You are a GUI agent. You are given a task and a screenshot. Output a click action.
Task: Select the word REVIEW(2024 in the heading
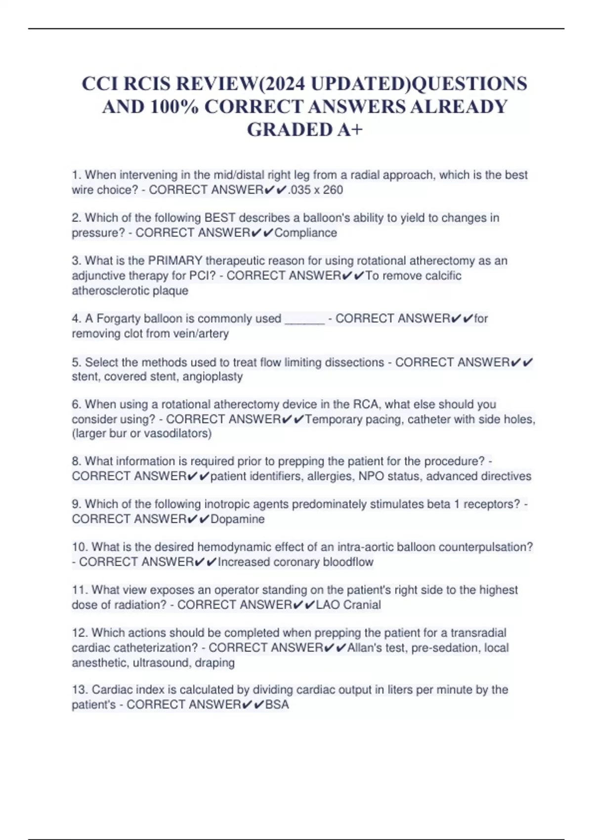(241, 84)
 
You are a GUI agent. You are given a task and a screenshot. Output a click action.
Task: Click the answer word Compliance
(305, 233)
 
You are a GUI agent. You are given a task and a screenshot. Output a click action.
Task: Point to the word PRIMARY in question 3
(175, 260)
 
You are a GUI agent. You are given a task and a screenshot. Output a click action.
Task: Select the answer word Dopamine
(238, 519)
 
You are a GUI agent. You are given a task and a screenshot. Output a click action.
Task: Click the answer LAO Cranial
(348, 605)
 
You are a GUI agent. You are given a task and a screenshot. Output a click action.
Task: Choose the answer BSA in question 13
(277, 705)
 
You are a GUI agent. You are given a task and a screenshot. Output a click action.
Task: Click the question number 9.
(76, 504)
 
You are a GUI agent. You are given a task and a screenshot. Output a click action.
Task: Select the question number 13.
(80, 690)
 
